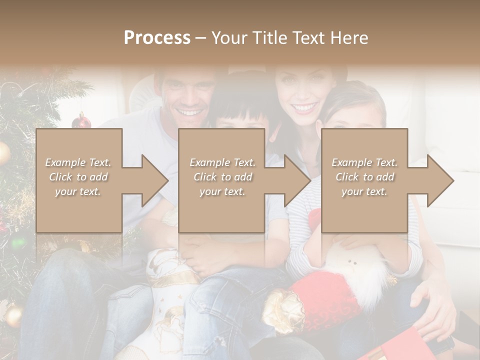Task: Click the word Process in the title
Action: click(x=157, y=38)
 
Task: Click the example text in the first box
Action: click(x=78, y=177)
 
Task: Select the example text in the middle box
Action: click(x=222, y=177)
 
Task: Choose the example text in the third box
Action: click(x=364, y=177)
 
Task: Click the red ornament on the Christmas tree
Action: click(x=81, y=121)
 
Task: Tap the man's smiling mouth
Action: click(x=188, y=111)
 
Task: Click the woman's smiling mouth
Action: click(x=304, y=107)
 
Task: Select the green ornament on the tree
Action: click(x=18, y=243)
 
